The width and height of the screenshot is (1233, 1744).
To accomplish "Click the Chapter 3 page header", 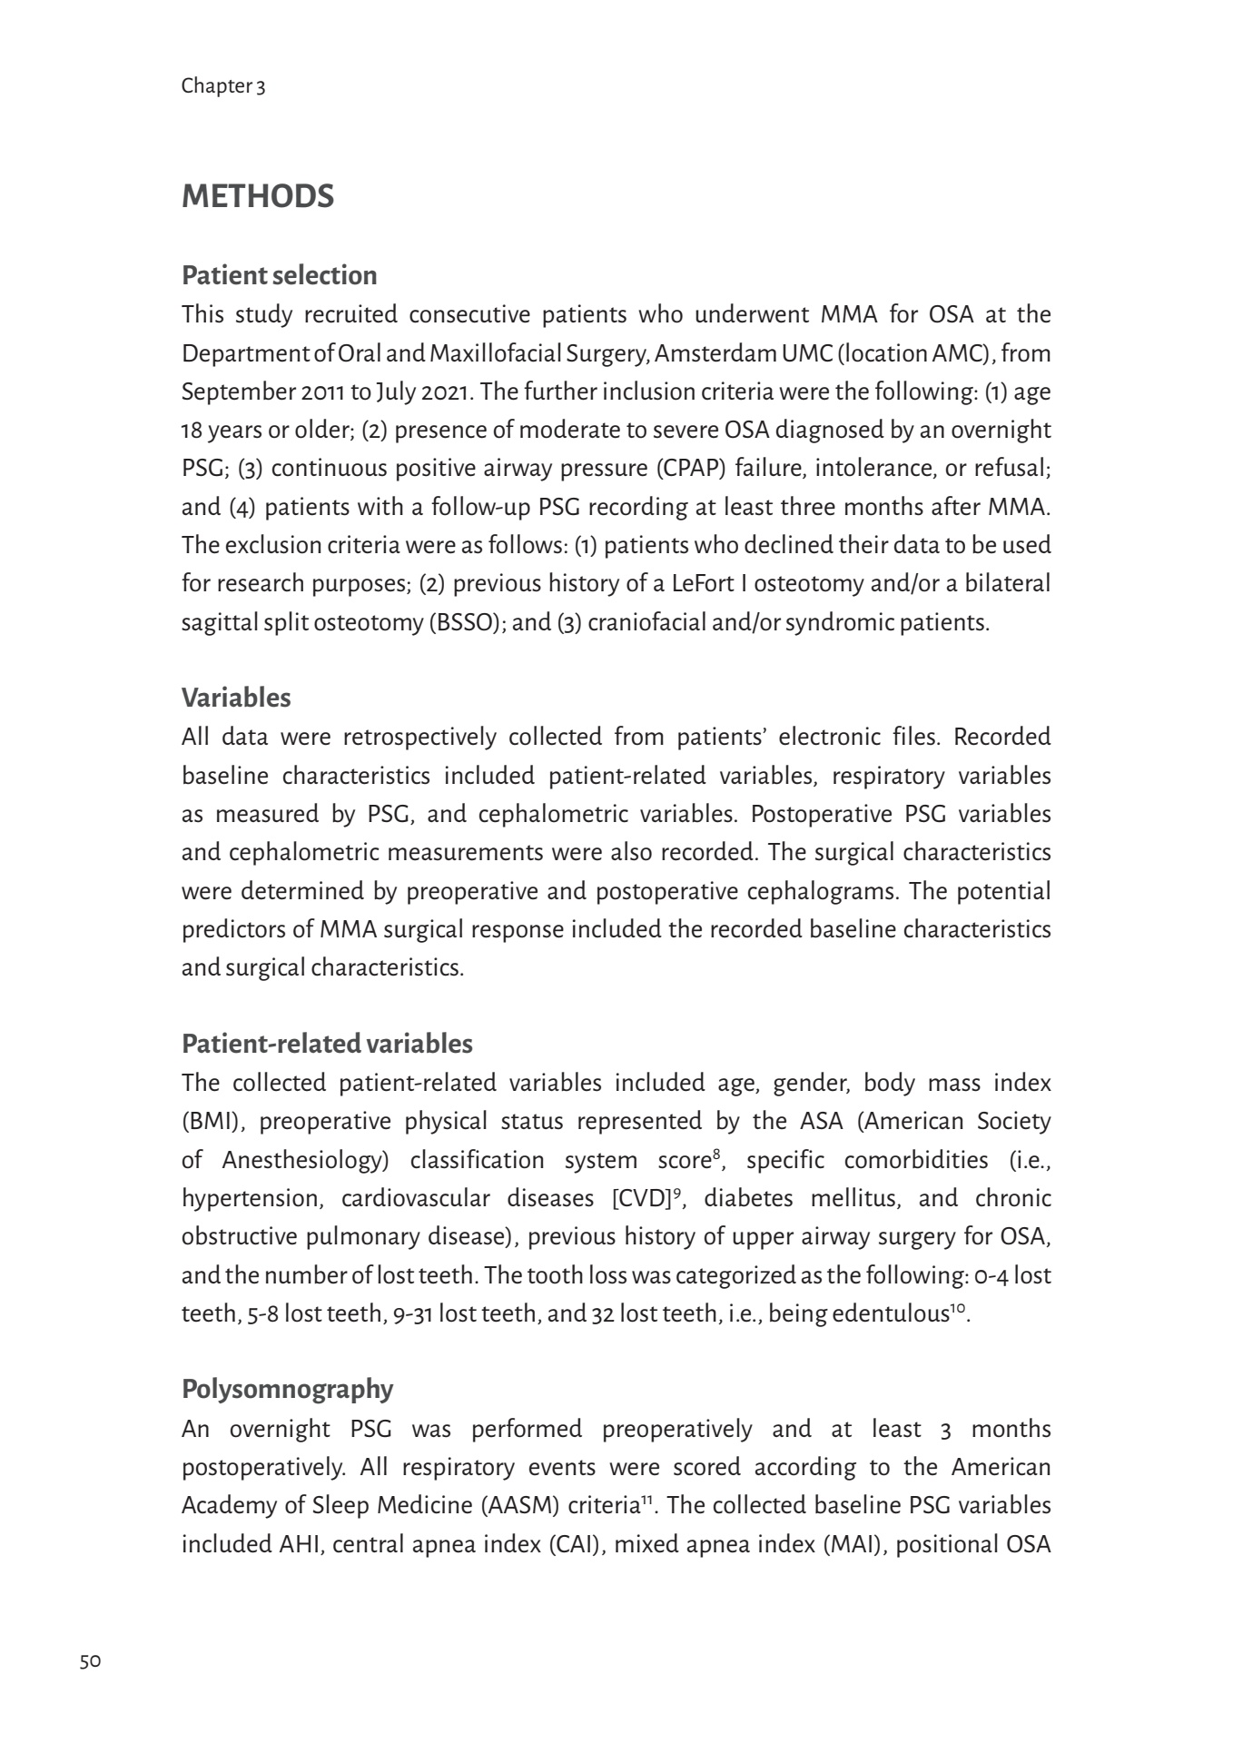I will [223, 86].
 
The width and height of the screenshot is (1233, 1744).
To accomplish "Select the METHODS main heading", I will [258, 197].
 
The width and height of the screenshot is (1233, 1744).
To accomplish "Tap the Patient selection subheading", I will [279, 275].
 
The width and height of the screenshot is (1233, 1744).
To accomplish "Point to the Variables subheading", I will [236, 698].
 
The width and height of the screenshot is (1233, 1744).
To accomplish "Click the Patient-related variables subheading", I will [327, 1044].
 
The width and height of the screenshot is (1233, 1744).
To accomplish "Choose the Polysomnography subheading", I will [287, 1389].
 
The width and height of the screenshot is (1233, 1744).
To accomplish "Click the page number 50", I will [90, 1661].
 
